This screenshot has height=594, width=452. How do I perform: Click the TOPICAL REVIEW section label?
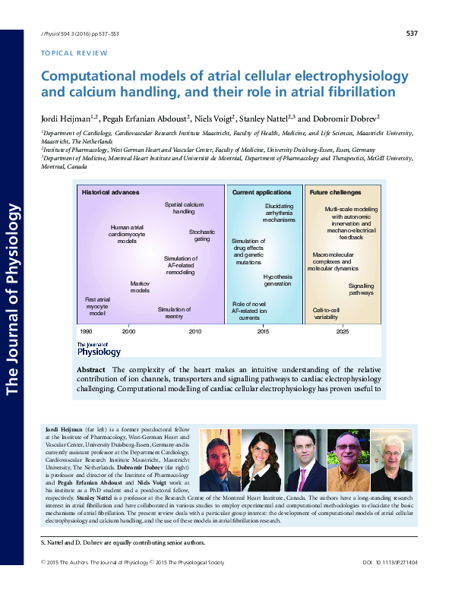pyautogui.click(x=73, y=53)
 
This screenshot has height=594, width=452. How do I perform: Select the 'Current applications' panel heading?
pyautogui.click(x=261, y=192)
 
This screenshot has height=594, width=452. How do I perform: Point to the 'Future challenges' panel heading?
pyautogui.click(x=335, y=192)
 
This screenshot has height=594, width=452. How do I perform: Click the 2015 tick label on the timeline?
pyautogui.click(x=263, y=332)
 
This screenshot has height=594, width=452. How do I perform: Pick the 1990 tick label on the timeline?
pyautogui.click(x=86, y=332)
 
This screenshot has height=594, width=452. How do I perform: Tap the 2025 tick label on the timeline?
pyautogui.click(x=343, y=332)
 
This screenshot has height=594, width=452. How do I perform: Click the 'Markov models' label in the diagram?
pyautogui.click(x=140, y=286)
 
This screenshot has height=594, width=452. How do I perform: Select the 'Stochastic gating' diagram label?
pyautogui.click(x=202, y=235)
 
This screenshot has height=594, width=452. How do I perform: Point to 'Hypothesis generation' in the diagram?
pyautogui.click(x=277, y=280)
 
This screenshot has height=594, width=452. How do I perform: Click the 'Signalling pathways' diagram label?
pyautogui.click(x=361, y=289)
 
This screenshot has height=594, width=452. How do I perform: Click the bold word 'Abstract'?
pyautogui.click(x=91, y=369)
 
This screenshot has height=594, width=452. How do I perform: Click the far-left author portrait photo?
pyautogui.click(x=220, y=460)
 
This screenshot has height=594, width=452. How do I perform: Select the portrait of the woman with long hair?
pyautogui.click(x=262, y=460)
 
